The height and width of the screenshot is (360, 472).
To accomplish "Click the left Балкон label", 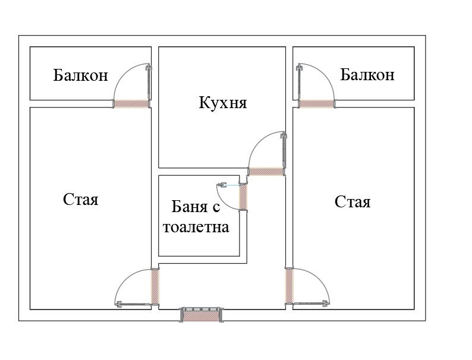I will point(80,75).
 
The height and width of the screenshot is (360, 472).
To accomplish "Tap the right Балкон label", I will point(367,75).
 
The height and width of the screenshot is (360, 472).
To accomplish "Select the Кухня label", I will point(222,103).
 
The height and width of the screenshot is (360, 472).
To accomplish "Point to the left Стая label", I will point(80,199).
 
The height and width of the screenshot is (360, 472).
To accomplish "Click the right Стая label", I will point(353,202).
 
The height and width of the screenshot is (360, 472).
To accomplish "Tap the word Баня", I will point(191,207).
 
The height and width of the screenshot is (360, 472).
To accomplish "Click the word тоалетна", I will point(196,226).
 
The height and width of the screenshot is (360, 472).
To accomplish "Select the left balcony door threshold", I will point(131,103).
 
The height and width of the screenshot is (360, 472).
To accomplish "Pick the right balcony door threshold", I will point(315,103).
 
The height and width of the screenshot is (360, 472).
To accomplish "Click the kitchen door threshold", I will point(266,172).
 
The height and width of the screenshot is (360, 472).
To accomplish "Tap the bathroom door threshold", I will point(243,197).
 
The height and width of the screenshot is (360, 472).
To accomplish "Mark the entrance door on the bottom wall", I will point(202,315).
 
